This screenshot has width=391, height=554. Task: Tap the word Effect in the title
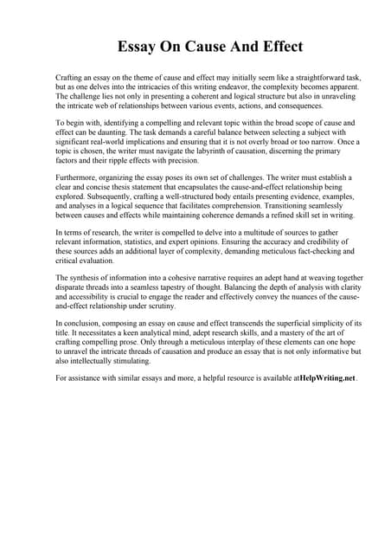click(x=279, y=46)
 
